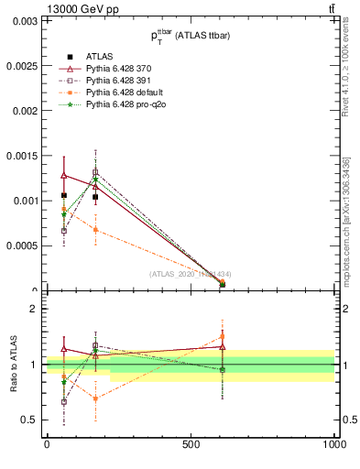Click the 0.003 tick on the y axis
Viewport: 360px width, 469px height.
pyautogui.click(x=25, y=21)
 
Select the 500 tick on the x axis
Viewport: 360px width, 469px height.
pyautogui.click(x=191, y=444)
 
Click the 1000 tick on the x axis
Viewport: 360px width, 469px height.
pyautogui.click(x=333, y=444)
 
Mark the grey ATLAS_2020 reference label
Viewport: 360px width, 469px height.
pyautogui.click(x=191, y=273)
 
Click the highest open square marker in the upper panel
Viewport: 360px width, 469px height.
pyautogui.click(x=95, y=172)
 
